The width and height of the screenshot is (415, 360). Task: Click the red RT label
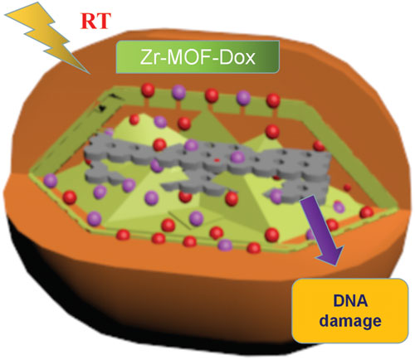95,21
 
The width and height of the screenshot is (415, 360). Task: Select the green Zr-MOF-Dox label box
198,57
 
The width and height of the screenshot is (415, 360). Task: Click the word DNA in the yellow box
350,301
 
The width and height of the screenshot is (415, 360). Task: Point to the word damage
350,322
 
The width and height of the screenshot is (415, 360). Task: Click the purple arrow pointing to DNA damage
322,231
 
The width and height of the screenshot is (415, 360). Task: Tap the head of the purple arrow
330,255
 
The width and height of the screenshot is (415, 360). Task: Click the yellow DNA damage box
350,311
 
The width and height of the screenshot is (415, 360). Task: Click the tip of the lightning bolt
90,74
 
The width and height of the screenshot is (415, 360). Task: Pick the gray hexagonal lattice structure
207,166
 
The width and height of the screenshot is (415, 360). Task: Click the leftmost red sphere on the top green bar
148,90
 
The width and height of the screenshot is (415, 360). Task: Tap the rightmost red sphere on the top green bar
273,100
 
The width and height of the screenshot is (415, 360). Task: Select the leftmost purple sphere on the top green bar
178,92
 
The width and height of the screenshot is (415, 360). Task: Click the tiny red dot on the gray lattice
217,160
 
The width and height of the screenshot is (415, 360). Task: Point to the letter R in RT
88,21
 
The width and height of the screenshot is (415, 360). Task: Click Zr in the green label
149,57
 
